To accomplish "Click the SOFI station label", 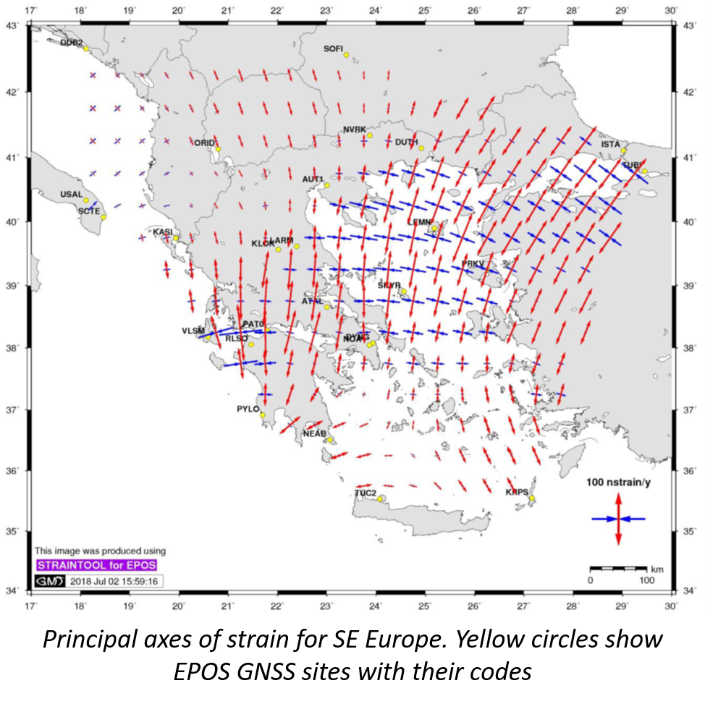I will point(333,48).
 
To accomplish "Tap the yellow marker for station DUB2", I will point(85,49).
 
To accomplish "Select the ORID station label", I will point(205,143).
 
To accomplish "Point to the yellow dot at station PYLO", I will point(263,415).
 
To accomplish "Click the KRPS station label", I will point(517,492).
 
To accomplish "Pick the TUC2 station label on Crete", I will point(366,493).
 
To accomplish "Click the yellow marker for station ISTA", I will point(623,150).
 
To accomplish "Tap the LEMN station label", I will point(419,222).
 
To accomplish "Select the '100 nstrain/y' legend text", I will point(618,482).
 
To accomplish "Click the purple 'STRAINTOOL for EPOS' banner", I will point(96,564).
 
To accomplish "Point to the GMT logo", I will point(50,581).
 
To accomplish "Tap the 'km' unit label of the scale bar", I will point(657,569).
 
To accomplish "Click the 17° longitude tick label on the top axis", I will point(31,10).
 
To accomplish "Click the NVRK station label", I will point(355,130).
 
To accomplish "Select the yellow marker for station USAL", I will point(85,200).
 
